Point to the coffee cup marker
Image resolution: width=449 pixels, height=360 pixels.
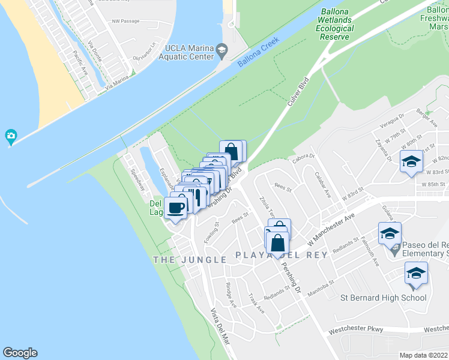pos(176,208)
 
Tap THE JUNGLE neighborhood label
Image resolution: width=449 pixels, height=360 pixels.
pos(190,260)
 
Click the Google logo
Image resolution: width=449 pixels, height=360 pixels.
pos(20,353)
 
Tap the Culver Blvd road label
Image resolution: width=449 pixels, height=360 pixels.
pos(298,91)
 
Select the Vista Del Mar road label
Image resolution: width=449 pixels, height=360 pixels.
pos(220,326)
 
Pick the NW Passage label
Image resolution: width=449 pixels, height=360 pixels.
pos(125,21)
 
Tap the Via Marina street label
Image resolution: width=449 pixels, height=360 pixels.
pos(116,82)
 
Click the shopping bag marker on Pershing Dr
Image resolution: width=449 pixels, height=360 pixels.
pos(278,243)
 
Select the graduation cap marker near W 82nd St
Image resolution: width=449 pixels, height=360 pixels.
pos(412,162)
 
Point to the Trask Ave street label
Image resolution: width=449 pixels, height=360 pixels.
pos(256,304)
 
